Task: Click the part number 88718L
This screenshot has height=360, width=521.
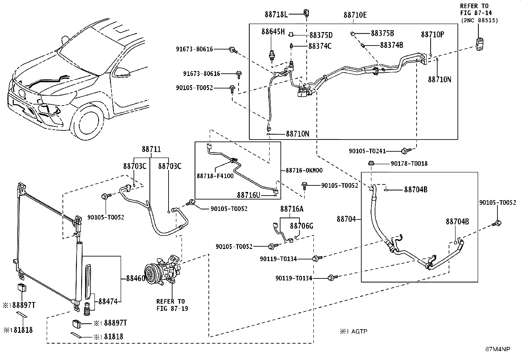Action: (276, 15)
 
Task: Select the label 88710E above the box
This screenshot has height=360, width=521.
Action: (355, 15)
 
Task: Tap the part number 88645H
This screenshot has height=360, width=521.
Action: (273, 32)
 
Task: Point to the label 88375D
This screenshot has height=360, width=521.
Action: (321, 35)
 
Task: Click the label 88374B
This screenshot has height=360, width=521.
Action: (391, 45)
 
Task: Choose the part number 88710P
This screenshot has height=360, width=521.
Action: (432, 34)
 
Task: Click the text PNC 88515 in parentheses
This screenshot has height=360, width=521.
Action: (479, 21)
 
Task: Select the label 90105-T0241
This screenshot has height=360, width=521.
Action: (367, 151)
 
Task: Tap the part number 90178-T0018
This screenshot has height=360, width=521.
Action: (409, 164)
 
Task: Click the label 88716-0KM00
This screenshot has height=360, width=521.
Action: (304, 170)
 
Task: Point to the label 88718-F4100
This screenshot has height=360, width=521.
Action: (215, 176)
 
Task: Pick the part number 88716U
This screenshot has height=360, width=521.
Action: (248, 195)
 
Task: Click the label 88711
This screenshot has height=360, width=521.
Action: (152, 149)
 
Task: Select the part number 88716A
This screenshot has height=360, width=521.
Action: (292, 209)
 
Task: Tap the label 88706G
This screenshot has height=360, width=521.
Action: (301, 226)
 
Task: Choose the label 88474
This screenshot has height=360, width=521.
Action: (108, 302)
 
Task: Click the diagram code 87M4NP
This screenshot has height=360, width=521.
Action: (497, 349)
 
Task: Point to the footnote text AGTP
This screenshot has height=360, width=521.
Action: (359, 332)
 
